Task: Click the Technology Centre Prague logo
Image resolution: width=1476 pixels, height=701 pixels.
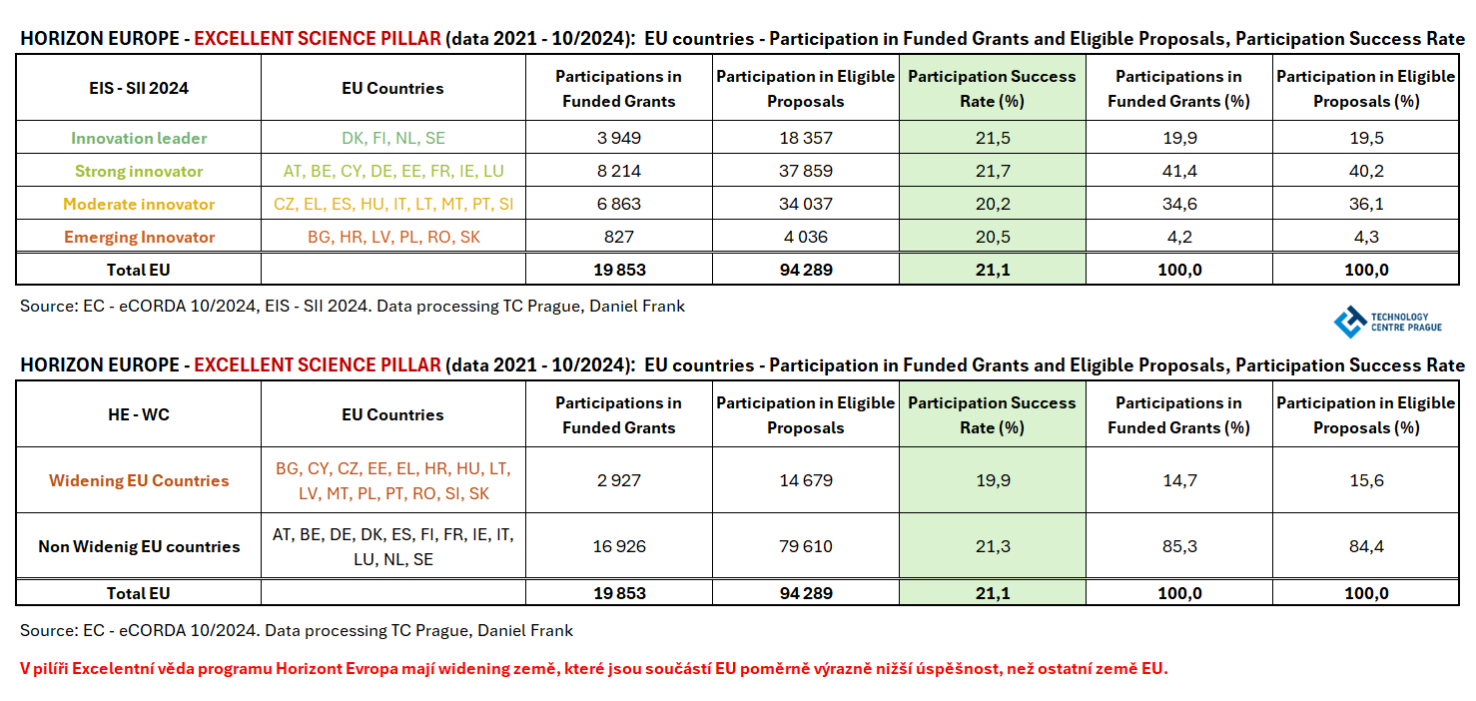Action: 1387,321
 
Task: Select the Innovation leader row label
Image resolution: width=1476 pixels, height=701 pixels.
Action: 139,138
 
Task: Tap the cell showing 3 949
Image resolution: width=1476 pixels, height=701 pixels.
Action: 619,138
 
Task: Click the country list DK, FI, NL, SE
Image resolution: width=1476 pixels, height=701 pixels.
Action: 392,138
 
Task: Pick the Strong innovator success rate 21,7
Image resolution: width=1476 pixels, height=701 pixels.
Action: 992,171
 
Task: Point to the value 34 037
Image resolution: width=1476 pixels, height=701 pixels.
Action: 805,204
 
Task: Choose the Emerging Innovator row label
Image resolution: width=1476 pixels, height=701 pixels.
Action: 139,237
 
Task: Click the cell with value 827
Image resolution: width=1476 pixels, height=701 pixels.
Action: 619,237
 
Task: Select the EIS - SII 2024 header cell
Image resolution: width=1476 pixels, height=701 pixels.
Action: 139,88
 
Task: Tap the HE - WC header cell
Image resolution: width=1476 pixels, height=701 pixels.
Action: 139,414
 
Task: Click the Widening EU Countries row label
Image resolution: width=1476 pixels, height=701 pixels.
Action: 139,480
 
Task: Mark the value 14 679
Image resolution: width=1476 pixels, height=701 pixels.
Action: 805,480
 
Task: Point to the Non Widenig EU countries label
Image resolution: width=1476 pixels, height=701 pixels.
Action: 139,546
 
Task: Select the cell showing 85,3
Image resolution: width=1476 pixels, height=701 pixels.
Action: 1178,546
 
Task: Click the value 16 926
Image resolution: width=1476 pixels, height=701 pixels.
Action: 619,546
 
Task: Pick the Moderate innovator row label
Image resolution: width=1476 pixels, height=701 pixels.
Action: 139,204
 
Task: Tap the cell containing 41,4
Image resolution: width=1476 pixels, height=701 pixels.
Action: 1178,171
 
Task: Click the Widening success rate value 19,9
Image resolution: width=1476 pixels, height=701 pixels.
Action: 992,480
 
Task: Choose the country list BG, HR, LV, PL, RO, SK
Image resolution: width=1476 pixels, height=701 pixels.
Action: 392,237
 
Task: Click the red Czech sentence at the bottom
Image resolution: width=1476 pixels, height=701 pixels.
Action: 593,668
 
